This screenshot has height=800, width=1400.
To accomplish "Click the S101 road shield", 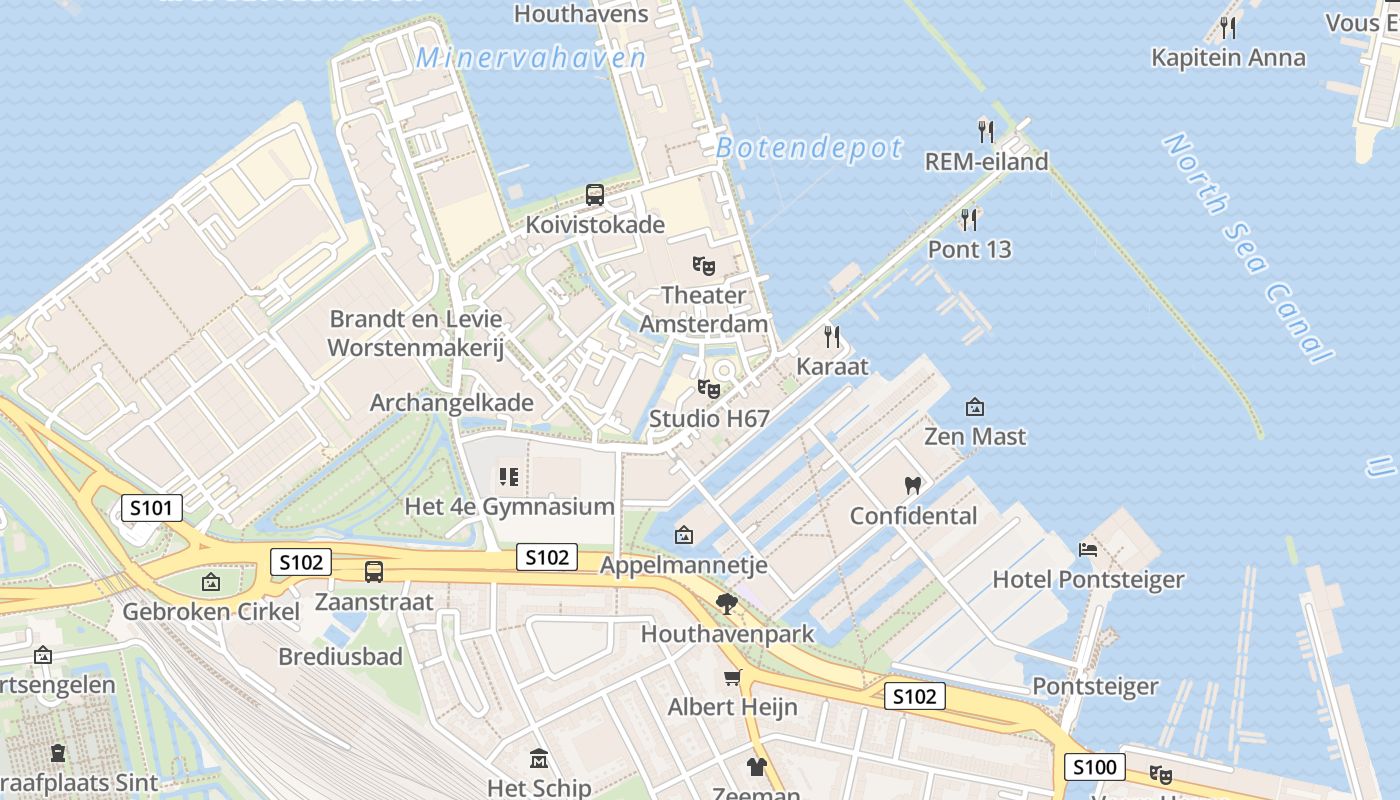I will pyautogui.click(x=152, y=508).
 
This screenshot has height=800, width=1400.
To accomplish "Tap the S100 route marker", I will pyautogui.click(x=1093, y=767).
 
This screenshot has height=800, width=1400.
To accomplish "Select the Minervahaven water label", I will pyautogui.click(x=531, y=58).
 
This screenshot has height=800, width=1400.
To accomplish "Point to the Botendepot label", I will pyautogui.click(x=809, y=148).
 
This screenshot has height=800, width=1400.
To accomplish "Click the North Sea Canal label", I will pyautogui.click(x=1247, y=247).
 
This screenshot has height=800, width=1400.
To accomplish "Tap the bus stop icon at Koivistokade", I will pyautogui.click(x=595, y=195).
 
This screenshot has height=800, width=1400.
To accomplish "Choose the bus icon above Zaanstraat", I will pyautogui.click(x=374, y=572).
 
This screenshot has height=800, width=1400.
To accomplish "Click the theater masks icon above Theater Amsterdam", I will pyautogui.click(x=704, y=266).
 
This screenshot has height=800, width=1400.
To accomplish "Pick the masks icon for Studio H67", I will pyautogui.click(x=709, y=389).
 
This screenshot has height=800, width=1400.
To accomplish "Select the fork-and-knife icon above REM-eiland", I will pyautogui.click(x=986, y=131).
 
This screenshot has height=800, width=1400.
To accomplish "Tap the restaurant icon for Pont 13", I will pyautogui.click(x=969, y=219).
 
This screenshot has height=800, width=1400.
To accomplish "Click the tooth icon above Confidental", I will pyautogui.click(x=912, y=486).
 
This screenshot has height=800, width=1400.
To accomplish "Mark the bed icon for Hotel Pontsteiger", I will pyautogui.click(x=1088, y=549).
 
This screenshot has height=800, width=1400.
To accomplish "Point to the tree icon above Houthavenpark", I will pyautogui.click(x=727, y=603).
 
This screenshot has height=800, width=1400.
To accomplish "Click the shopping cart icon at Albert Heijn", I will pyautogui.click(x=733, y=678).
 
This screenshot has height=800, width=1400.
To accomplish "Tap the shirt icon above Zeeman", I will pyautogui.click(x=756, y=767).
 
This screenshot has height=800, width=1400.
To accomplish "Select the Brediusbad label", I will pyautogui.click(x=340, y=657).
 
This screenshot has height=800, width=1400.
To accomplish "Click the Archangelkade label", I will pyautogui.click(x=452, y=403).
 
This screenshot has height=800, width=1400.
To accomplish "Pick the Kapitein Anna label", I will pyautogui.click(x=1228, y=57).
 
